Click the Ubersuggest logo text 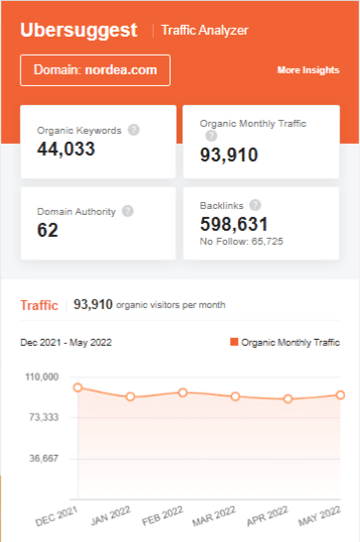[x=78, y=31]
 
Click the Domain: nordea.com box [x=95, y=70]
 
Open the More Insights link [x=308, y=71]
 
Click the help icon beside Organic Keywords [x=134, y=130]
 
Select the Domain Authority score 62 [x=48, y=230]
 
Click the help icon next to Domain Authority [x=128, y=211]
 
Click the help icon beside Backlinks [x=255, y=205]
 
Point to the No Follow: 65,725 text [x=242, y=241]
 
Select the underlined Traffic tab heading [x=40, y=305]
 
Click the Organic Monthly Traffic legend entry [x=285, y=343]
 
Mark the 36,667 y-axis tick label [x=42, y=459]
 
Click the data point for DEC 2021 [x=77, y=387]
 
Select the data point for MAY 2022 [x=340, y=394]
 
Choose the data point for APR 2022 [x=288, y=399]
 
